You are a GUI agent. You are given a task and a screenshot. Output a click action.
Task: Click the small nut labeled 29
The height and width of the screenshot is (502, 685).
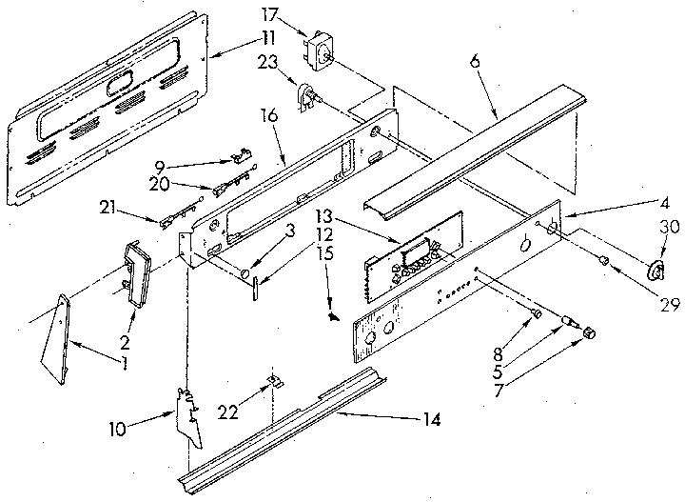click(603, 260)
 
